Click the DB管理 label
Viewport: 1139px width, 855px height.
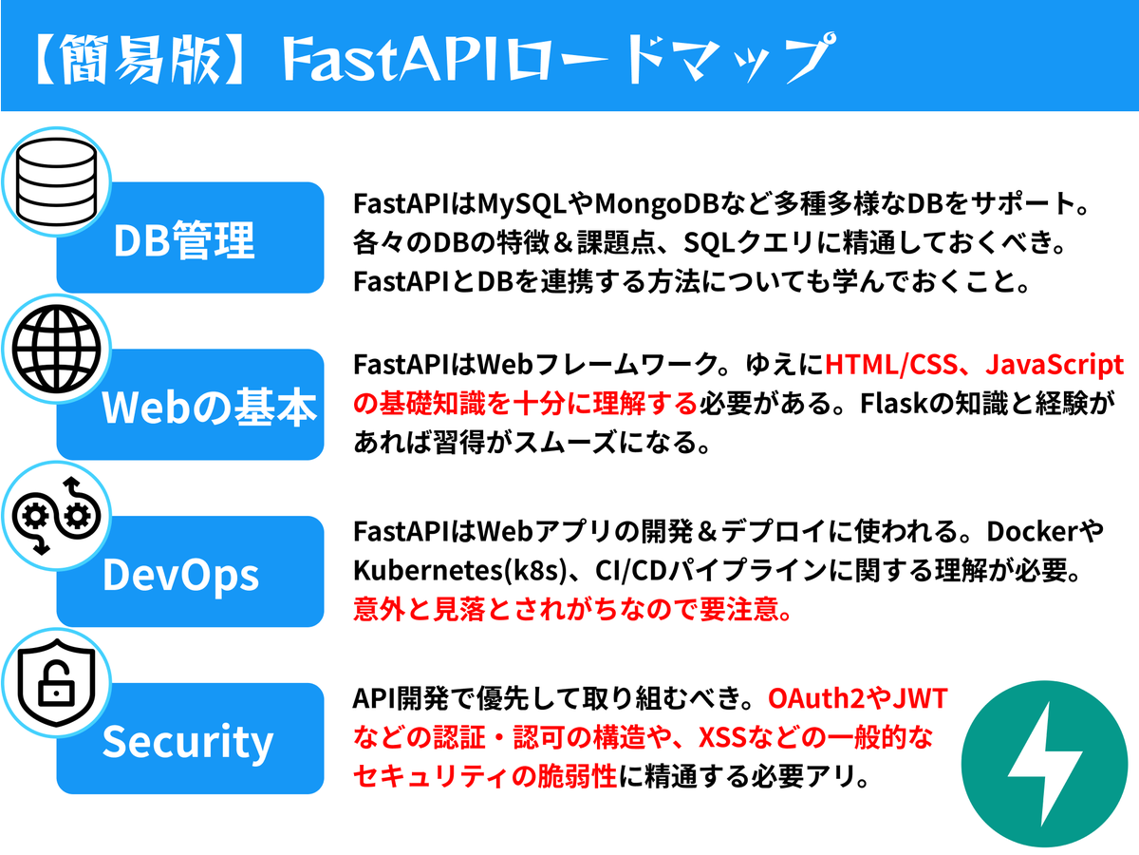184,241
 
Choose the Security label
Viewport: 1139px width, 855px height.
188,742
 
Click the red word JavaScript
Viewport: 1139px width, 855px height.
1055,365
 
